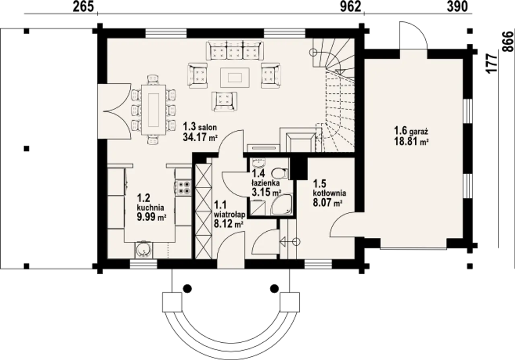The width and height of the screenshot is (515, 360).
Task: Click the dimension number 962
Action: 350,7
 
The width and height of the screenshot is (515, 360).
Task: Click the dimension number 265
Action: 83,7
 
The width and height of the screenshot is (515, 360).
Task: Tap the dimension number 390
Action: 457,7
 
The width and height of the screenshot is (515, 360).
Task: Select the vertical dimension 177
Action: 492,64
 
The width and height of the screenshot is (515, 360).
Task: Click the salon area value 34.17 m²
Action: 200,138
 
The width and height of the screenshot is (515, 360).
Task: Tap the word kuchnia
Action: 150,208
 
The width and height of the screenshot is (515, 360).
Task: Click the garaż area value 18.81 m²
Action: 412,141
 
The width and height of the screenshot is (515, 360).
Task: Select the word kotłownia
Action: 330,193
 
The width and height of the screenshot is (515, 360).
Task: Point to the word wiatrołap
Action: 230,214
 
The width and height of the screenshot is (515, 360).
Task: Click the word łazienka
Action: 266,183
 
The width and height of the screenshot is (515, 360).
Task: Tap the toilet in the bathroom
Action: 280,173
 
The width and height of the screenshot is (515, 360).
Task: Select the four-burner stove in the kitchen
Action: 183,187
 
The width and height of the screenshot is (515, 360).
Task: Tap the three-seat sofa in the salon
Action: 235,51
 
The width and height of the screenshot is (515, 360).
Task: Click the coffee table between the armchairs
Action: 235,78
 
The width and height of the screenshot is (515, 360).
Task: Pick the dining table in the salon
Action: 154,110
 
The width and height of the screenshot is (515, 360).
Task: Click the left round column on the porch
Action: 187,288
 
